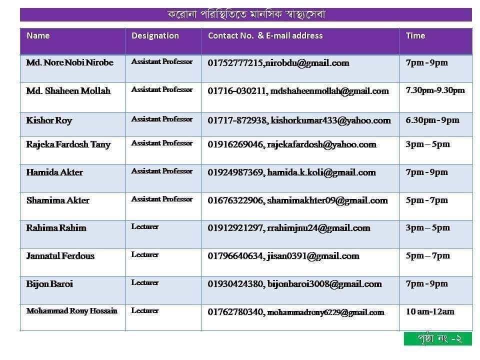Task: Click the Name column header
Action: [38, 36]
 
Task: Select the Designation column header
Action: [155, 36]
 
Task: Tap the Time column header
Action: [415, 36]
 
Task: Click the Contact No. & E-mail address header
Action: [265, 36]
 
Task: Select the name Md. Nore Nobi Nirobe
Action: [69, 63]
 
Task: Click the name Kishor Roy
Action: [49, 120]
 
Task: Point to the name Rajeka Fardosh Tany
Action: [68, 144]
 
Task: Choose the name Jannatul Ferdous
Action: [60, 256]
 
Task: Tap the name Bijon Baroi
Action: [49, 284]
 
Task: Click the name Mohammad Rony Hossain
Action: [71, 311]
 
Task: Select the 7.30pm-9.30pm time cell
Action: [435, 90]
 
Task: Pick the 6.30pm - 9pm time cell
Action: [432, 120]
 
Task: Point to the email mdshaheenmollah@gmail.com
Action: [329, 91]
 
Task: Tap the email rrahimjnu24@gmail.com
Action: [318, 228]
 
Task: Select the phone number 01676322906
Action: [235, 200]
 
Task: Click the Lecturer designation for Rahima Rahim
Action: [145, 227]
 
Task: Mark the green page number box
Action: [438, 338]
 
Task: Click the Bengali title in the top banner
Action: [246, 14]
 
